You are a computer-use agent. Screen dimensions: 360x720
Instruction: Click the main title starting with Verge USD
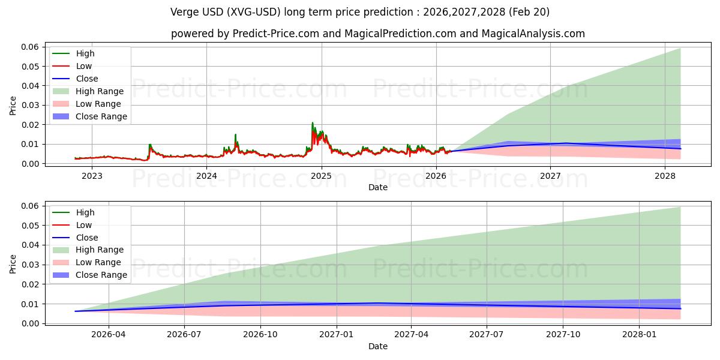tap(360, 12)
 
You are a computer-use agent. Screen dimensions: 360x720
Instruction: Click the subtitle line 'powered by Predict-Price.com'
tap(378, 34)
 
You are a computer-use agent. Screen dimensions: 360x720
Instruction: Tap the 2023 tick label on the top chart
tap(92, 176)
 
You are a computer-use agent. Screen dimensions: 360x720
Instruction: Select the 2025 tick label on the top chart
tap(321, 176)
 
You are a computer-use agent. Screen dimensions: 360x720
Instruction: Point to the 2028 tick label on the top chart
tap(665, 176)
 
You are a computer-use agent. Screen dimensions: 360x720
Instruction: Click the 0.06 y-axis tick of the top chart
tap(30, 47)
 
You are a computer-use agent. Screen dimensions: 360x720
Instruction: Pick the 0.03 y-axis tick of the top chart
tap(30, 105)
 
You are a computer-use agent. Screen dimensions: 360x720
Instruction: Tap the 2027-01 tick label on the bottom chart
tap(337, 335)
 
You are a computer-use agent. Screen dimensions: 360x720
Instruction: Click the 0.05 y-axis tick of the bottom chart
tap(30, 225)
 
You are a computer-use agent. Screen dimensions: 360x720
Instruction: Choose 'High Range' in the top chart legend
tap(100, 91)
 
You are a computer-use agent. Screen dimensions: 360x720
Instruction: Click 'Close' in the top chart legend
tap(87, 79)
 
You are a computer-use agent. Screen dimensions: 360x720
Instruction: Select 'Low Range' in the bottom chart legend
tap(98, 262)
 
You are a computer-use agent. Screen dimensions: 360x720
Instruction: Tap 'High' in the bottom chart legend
tap(85, 212)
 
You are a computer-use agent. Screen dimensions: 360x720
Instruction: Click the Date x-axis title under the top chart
tap(378, 187)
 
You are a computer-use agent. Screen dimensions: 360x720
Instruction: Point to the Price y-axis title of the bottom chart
tap(13, 264)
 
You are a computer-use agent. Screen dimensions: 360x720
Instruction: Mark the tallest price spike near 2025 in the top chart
tap(312, 123)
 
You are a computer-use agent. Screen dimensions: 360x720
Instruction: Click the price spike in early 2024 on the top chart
tap(235, 135)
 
